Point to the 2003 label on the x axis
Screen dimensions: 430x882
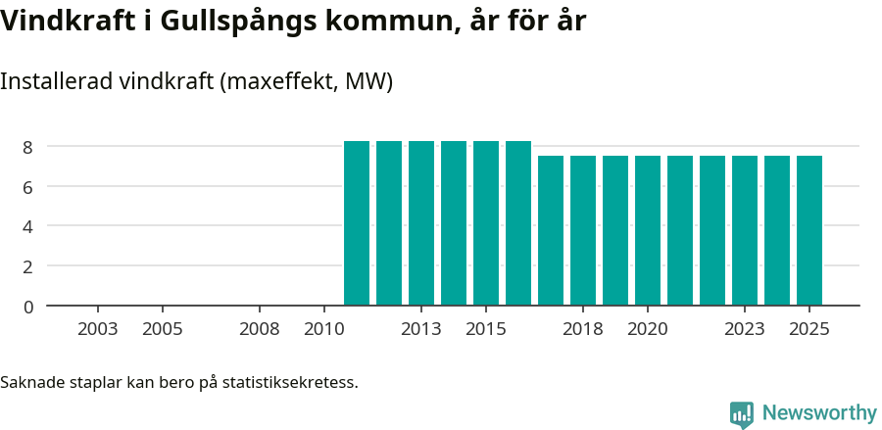pyautogui.click(x=98, y=329)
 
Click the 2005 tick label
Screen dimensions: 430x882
pyautogui.click(x=163, y=329)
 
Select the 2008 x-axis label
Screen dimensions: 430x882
pyautogui.click(x=260, y=329)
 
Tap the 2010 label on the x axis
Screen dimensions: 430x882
pyautogui.click(x=324, y=329)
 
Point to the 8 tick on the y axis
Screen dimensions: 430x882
pyautogui.click(x=28, y=147)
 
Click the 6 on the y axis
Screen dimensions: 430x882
pyautogui.click(x=28, y=187)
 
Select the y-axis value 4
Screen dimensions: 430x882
pyautogui.click(x=28, y=226)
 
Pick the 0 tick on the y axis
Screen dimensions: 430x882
pyautogui.click(x=28, y=307)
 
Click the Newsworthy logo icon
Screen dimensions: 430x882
pyautogui.click(x=742, y=413)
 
